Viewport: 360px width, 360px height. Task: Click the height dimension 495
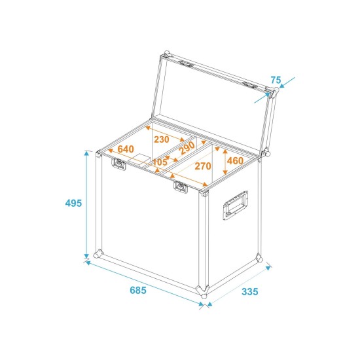(x=73, y=204)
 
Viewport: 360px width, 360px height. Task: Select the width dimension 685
(x=137, y=290)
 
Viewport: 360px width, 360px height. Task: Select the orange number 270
(x=203, y=166)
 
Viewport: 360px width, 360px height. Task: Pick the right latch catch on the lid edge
(x=251, y=84)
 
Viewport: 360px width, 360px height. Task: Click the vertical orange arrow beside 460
(x=225, y=160)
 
